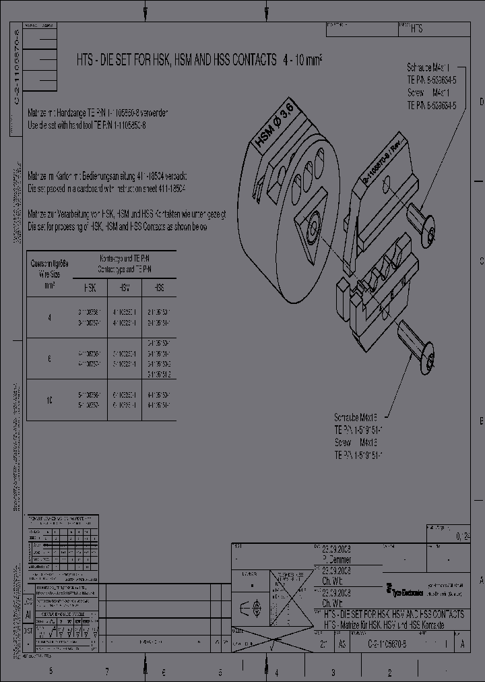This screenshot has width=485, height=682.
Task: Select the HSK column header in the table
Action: coord(90,287)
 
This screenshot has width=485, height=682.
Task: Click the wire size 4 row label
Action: coord(49,317)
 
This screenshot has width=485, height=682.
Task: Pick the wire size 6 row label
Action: coord(49,359)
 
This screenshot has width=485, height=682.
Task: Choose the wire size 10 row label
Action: coord(49,400)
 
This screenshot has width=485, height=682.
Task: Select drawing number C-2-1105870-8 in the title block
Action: coord(395,644)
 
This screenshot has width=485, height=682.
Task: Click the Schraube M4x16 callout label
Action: coord(355,416)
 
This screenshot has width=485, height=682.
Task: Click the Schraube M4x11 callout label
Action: coord(432,68)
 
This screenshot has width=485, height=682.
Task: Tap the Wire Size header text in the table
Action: coord(49,274)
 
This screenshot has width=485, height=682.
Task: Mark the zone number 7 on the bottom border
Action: coord(107,672)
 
